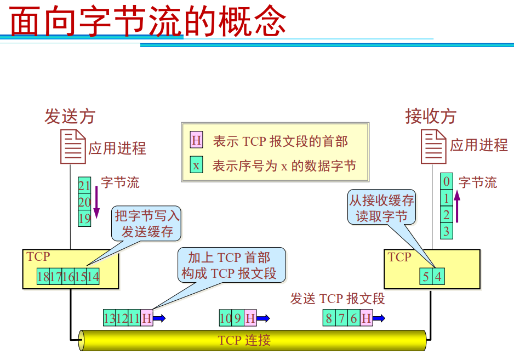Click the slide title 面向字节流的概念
[149, 22]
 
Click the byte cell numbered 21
[84, 186]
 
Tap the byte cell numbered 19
[84, 219]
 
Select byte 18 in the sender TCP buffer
[43, 277]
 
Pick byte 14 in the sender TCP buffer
[93, 277]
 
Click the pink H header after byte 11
[146, 318]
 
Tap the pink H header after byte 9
[250, 318]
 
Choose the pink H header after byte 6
[366, 318]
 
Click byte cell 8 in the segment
[329, 318]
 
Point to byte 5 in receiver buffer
[426, 277]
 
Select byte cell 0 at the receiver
[447, 182]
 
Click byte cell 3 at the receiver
[447, 231]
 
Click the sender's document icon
[73, 147]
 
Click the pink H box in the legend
[196, 141]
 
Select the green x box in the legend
[196, 165]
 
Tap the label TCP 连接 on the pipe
[244, 340]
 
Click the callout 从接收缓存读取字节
[382, 208]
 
